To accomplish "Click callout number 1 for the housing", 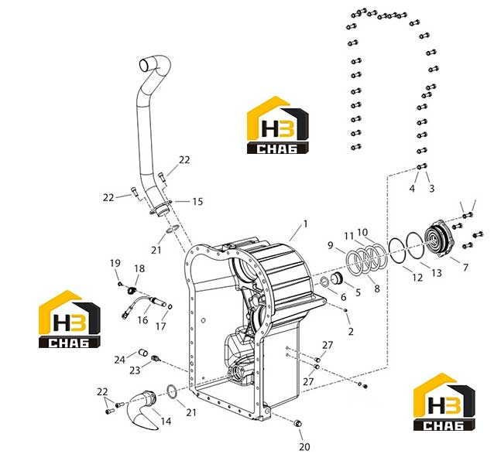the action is tap(305, 224).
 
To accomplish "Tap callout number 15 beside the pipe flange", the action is tap(198, 201).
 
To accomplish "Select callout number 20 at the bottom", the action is tap(304, 447).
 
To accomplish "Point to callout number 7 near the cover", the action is tap(465, 268).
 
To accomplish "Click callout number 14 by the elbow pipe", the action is tap(166, 421).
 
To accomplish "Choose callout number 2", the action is tap(351, 331).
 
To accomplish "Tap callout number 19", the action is tap(115, 263).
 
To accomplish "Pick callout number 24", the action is tap(120, 360).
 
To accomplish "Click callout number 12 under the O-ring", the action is tap(417, 277).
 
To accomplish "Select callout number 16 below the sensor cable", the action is tap(142, 320).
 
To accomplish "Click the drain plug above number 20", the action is tap(298, 424).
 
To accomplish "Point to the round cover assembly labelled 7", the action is tap(439, 238).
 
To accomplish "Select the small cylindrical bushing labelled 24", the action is tap(143, 353).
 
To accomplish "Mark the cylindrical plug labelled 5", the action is tap(336, 278).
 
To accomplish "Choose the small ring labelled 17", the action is tap(170, 307).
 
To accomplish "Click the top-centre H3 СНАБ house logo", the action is tap(277, 125).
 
